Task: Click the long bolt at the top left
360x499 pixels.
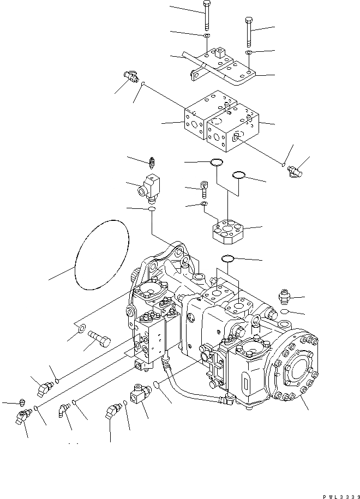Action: pyautogui.click(x=207, y=16)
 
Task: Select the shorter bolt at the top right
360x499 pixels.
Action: pyautogui.click(x=249, y=32)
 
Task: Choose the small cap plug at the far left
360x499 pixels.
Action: pyautogui.click(x=22, y=403)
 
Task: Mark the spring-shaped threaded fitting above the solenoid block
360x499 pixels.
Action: pyautogui.click(x=153, y=162)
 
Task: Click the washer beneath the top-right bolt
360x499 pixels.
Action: pyautogui.click(x=248, y=53)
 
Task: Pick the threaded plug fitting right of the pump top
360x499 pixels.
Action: pyautogui.click(x=284, y=294)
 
